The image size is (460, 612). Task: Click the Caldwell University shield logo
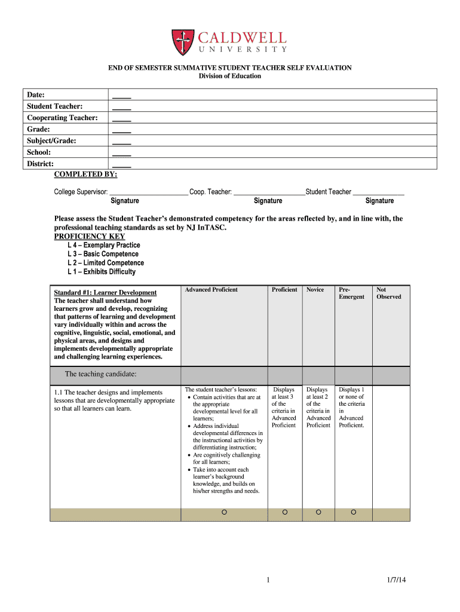tap(183, 42)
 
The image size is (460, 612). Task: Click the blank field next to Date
tap(121, 95)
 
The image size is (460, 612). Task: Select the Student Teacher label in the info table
tap(55, 106)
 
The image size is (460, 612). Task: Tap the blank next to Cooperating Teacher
tap(121, 118)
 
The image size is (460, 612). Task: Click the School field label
tap(38, 152)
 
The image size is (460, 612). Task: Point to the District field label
tap(40, 164)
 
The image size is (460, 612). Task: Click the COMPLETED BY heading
tap(85, 175)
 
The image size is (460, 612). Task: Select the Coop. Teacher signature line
tap(268, 192)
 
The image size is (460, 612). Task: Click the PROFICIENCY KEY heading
tap(89, 237)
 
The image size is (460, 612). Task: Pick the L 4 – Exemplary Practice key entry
tap(104, 245)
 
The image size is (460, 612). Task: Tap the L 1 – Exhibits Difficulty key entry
tap(102, 272)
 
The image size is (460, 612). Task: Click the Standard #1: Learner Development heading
tap(105, 293)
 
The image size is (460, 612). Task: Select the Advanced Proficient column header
tap(211, 290)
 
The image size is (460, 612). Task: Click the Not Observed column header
tap(388, 293)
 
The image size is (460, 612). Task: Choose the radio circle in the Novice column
tap(318, 512)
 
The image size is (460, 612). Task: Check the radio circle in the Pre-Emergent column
tap(354, 512)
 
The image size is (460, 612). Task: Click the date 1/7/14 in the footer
tap(396, 580)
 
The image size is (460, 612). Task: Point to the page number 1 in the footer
tap(269, 580)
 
